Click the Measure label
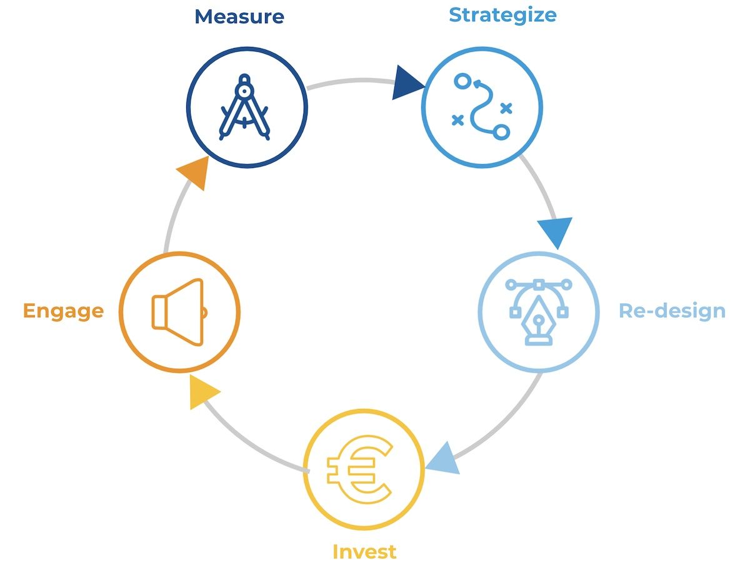coord(239,16)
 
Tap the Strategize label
coord(502,14)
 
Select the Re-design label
coord(672,310)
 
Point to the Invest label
coord(364,551)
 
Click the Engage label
coord(63,310)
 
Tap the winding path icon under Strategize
coord(481,107)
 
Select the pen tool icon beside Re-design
coord(538,310)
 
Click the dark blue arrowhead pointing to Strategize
coord(407,85)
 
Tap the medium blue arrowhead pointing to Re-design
coord(555,232)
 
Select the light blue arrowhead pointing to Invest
coord(445,458)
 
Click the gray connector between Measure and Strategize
coord(350,81)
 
